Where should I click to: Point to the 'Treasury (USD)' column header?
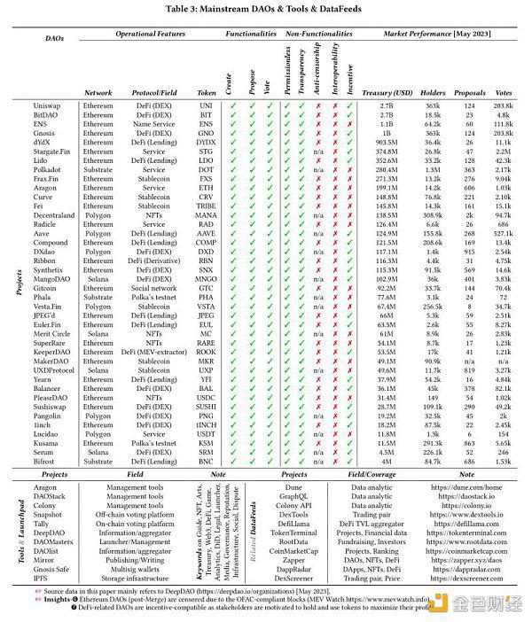click(x=387, y=92)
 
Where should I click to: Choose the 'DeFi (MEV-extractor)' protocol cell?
click(x=153, y=353)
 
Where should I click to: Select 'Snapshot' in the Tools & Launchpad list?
click(x=48, y=514)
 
